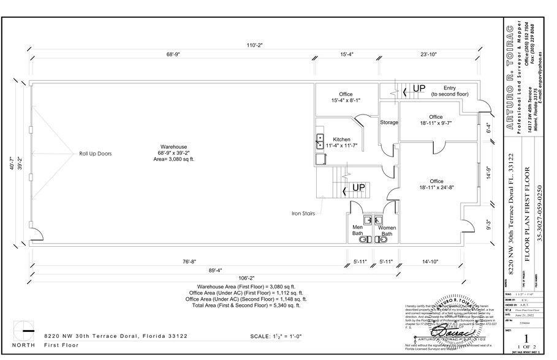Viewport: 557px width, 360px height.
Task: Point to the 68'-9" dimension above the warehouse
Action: [x=173, y=54]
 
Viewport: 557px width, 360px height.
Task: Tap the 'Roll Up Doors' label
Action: [x=95, y=154]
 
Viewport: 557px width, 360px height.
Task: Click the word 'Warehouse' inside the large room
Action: [x=173, y=147]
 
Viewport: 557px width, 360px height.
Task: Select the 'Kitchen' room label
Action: [x=341, y=139]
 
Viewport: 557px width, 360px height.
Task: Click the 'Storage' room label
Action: [x=389, y=122]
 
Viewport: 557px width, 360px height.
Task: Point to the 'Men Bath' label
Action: [x=358, y=230]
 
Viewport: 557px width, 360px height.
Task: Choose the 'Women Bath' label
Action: [x=387, y=230]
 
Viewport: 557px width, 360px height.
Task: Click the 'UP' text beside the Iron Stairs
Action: [x=359, y=187]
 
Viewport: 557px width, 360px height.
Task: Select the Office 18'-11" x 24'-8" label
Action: [x=436, y=184]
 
